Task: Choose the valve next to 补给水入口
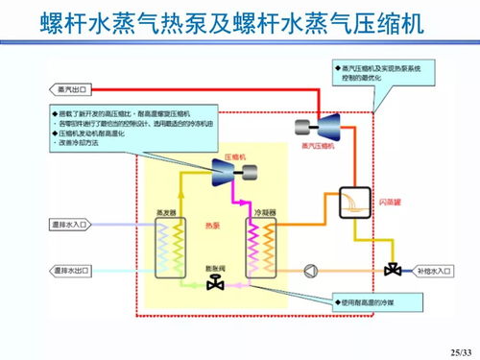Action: coord(392,269)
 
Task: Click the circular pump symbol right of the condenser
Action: coord(309,270)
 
